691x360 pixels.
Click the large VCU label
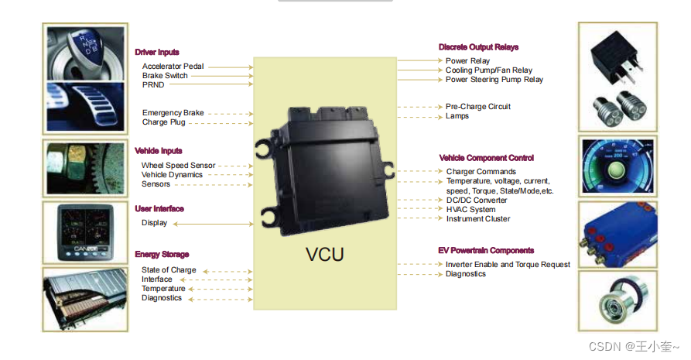(324, 254)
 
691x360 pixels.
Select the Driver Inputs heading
(157, 52)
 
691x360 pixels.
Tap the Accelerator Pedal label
(173, 67)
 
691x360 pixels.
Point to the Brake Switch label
(165, 76)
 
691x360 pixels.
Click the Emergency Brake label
(173, 113)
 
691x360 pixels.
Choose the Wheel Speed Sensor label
(178, 166)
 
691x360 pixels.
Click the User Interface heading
(159, 209)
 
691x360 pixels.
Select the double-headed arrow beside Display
(213, 224)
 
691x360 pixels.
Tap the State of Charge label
(169, 270)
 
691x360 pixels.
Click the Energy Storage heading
(162, 254)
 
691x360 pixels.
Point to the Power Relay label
(467, 61)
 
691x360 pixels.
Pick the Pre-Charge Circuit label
(477, 107)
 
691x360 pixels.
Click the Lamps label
(457, 116)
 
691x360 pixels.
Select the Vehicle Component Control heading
(487, 158)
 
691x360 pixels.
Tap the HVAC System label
(470, 209)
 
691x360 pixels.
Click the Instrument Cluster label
(478, 219)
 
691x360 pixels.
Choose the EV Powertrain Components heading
(486, 251)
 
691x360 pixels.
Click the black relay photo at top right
(618, 57)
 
